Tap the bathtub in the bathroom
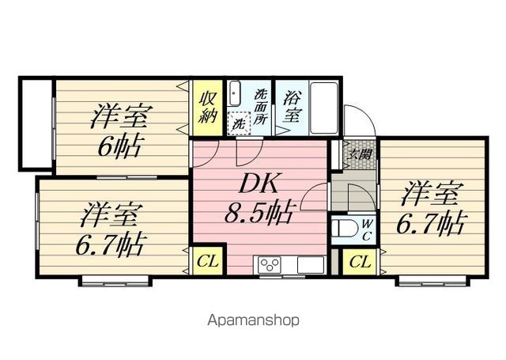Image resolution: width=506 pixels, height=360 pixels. [323, 107]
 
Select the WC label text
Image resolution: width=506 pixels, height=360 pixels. [368, 229]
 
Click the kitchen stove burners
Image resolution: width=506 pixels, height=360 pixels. [266, 263]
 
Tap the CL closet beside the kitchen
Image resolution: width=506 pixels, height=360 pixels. [207, 260]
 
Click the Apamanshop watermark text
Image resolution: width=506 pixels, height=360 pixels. [252, 320]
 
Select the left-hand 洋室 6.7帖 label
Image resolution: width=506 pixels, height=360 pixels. [111, 229]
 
